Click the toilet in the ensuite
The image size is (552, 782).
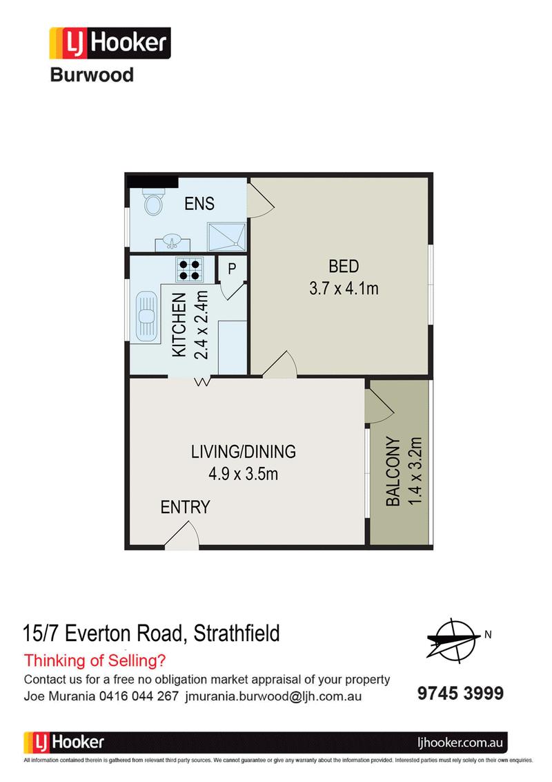(x=153, y=202)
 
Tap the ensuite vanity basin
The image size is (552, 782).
(x=172, y=243)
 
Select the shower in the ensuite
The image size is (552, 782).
(x=227, y=236)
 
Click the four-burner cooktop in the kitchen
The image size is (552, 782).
(x=189, y=269)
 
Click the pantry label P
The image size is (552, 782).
(x=232, y=269)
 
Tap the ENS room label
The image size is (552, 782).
(x=199, y=204)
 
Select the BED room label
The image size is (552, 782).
(x=344, y=267)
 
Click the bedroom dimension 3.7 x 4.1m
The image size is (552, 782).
(x=344, y=288)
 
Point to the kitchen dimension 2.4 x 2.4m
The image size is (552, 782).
(x=201, y=325)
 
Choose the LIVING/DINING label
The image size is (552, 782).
(x=244, y=452)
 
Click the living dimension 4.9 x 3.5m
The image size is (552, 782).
(x=244, y=474)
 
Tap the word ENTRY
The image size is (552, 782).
(x=186, y=507)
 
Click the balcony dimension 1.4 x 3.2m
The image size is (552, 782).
(x=415, y=471)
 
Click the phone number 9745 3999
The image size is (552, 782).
(x=460, y=693)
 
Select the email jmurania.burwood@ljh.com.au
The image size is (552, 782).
(x=273, y=696)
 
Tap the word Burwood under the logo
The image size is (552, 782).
(x=92, y=75)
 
